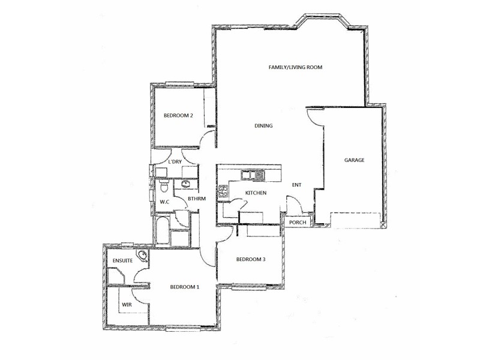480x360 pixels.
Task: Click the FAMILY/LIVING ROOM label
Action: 295,68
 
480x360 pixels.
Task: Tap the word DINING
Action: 263,126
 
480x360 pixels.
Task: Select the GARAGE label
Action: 354,160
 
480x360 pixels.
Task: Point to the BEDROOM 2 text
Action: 178,116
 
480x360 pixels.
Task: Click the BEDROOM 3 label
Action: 250,259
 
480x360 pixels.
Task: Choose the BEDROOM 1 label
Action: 184,287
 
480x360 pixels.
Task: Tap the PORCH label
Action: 298,223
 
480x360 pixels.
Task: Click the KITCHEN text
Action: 256,193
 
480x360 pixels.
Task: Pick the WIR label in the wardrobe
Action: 127,305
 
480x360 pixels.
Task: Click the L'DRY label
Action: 175,162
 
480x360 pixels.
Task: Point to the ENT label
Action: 296,185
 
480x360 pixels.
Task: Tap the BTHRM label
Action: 197,198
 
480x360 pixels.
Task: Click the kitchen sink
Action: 253,175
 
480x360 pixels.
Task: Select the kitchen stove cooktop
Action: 223,193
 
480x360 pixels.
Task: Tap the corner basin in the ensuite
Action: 143,257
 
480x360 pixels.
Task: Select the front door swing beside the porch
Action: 293,208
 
